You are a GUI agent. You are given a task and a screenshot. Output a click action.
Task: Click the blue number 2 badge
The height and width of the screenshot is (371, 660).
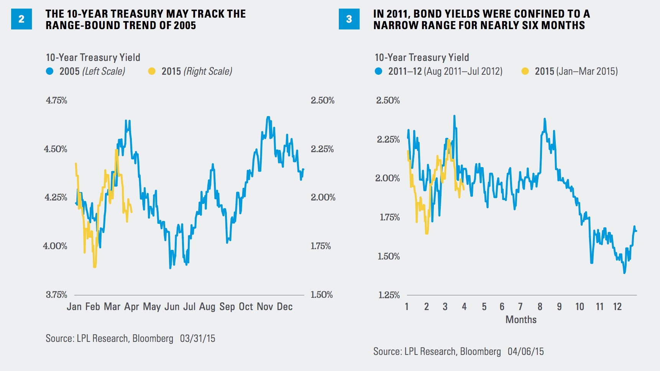click(x=21, y=19)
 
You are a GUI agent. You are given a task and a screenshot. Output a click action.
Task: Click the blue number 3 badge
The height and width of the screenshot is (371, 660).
click(x=349, y=19)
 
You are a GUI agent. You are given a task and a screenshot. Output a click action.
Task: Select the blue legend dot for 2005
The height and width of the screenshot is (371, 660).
click(x=49, y=71)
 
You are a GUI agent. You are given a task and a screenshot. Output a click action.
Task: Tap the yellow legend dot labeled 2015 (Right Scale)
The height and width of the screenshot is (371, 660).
click(x=152, y=71)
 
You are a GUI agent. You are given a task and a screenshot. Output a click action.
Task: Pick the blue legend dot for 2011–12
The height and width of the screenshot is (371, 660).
click(x=378, y=71)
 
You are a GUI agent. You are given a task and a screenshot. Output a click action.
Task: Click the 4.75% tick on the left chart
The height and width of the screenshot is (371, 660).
click(x=56, y=100)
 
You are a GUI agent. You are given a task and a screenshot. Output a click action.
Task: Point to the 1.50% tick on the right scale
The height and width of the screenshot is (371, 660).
click(x=322, y=295)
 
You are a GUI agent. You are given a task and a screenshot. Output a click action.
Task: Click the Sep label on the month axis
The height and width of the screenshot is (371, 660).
click(x=227, y=307)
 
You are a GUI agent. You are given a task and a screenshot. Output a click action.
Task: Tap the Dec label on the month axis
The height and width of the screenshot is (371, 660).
click(x=284, y=307)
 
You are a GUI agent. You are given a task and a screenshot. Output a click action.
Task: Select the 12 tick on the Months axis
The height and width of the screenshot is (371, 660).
click(x=617, y=307)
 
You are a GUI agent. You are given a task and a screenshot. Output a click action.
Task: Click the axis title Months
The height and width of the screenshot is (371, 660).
click(x=521, y=320)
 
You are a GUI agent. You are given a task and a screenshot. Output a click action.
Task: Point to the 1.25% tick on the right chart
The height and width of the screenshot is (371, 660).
click(x=389, y=295)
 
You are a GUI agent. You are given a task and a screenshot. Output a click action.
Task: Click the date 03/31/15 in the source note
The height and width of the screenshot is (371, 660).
click(x=197, y=338)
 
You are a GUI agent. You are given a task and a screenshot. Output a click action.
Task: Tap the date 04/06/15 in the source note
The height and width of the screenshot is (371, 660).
click(x=525, y=351)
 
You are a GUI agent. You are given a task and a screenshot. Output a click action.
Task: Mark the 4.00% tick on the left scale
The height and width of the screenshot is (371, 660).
click(x=55, y=246)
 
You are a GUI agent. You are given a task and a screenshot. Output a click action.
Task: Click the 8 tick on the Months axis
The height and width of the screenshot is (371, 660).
click(x=540, y=307)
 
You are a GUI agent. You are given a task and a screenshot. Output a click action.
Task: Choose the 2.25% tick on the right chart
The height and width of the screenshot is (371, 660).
click(x=388, y=140)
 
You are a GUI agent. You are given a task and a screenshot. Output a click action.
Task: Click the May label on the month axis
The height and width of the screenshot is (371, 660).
click(x=152, y=307)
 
